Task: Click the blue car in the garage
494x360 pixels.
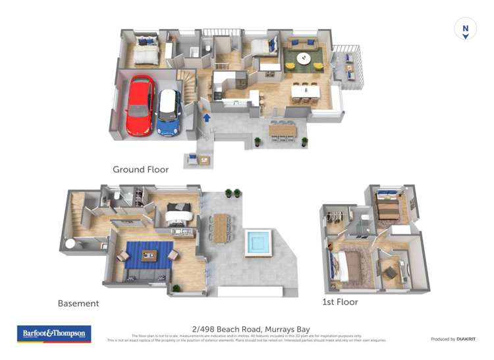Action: click(169, 112)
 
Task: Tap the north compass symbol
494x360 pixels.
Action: click(466, 29)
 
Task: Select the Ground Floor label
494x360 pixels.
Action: click(140, 169)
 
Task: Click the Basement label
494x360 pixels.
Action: click(78, 303)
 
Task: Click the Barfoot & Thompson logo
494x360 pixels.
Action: click(55, 334)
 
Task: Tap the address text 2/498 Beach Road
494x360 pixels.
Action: click(250, 329)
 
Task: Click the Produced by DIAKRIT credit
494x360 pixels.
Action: click(453, 339)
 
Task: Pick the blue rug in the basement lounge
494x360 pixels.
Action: click(146, 256)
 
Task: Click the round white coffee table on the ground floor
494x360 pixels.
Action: click(304, 58)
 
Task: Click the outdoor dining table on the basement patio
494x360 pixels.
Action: click(219, 227)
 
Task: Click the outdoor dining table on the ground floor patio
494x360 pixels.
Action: click(283, 130)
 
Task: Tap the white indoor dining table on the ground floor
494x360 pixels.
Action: click(305, 91)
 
